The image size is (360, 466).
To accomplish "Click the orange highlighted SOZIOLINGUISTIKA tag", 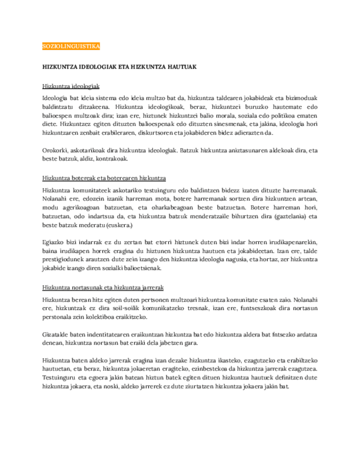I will [71, 47].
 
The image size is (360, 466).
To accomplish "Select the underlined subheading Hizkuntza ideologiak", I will [70, 87].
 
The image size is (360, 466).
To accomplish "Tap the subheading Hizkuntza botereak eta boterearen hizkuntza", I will [104, 178].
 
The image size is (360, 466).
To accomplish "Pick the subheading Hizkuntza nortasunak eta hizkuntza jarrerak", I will [103, 287].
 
